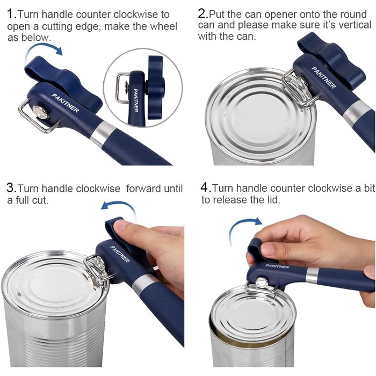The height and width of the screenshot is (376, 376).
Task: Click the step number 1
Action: coord(11,14)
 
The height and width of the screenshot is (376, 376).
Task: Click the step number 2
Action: coord(202,14)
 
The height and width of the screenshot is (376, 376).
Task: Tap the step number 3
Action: coord(11,188)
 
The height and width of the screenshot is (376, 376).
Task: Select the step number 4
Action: coord(205,187)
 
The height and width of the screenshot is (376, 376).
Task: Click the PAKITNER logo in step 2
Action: coord(323,77)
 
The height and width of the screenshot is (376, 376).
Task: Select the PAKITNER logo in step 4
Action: coord(277,266)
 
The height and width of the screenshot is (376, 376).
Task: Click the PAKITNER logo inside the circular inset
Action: coord(136,100)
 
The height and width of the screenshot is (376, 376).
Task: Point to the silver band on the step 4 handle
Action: coord(312,275)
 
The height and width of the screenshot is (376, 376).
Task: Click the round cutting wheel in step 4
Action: coord(262,283)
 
